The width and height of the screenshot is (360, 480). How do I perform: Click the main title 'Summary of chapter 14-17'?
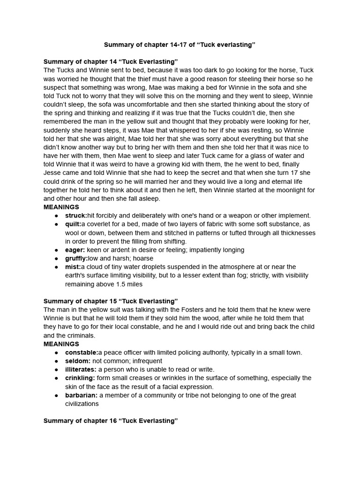point(180,45)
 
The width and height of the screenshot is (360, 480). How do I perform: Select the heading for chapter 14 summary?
point(111,62)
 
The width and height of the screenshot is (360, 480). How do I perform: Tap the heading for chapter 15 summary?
point(111,301)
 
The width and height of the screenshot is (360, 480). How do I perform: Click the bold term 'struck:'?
point(76,216)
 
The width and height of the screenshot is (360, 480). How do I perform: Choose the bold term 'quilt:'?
point(73,224)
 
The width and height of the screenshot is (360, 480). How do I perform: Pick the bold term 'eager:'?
point(75,250)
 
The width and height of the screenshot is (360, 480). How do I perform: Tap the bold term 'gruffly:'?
point(76,258)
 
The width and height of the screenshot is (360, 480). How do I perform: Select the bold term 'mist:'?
point(73,267)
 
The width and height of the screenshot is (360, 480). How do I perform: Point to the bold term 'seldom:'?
point(77,361)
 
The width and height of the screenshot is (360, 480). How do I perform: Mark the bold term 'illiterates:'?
point(81,369)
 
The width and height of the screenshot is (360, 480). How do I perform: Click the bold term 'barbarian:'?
point(81,395)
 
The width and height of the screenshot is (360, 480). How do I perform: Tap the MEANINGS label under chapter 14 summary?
point(61,207)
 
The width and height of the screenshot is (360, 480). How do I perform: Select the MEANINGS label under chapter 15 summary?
point(61,344)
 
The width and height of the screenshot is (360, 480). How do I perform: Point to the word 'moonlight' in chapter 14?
point(285,190)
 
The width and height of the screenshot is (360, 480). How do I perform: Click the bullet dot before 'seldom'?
point(56,361)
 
